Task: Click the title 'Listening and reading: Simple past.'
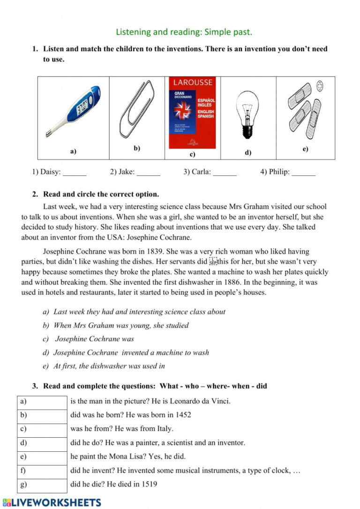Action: click(184, 32)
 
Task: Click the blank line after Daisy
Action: click(75, 173)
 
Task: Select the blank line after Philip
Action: click(303, 173)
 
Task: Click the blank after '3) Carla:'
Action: click(225, 173)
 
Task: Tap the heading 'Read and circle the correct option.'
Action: click(101, 194)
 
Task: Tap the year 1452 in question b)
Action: click(183, 415)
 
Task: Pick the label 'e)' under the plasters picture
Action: click(305, 149)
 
